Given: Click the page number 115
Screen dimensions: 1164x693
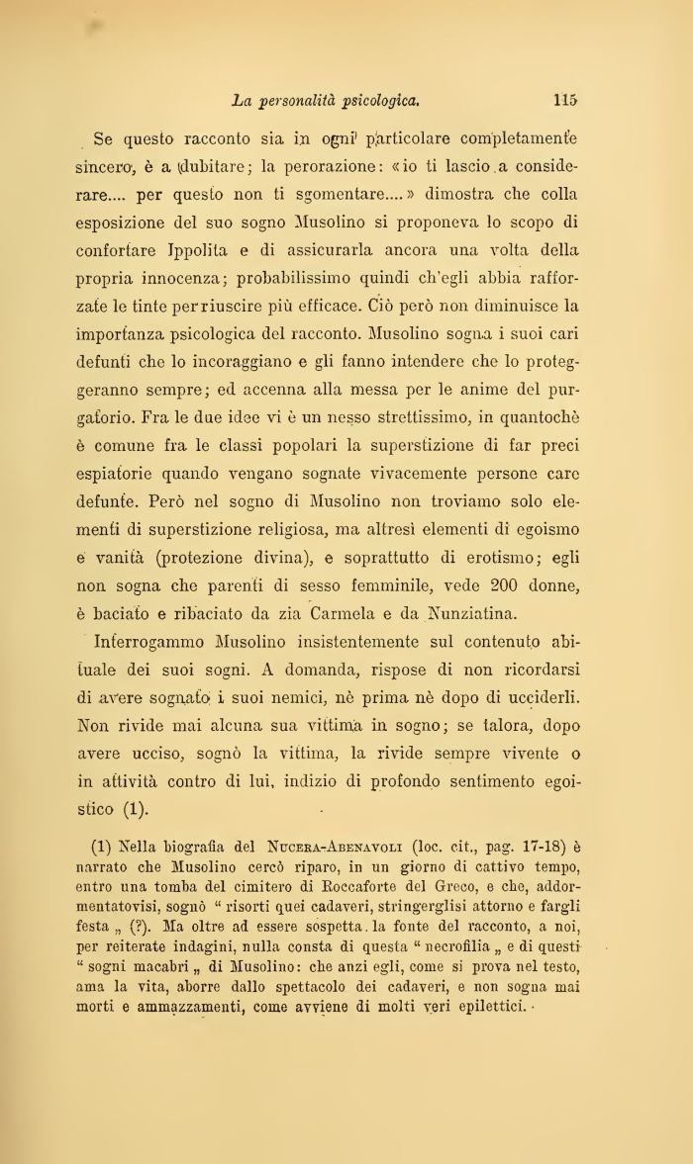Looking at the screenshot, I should (x=565, y=99).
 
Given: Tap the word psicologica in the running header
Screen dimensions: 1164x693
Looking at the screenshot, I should (x=382, y=100).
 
